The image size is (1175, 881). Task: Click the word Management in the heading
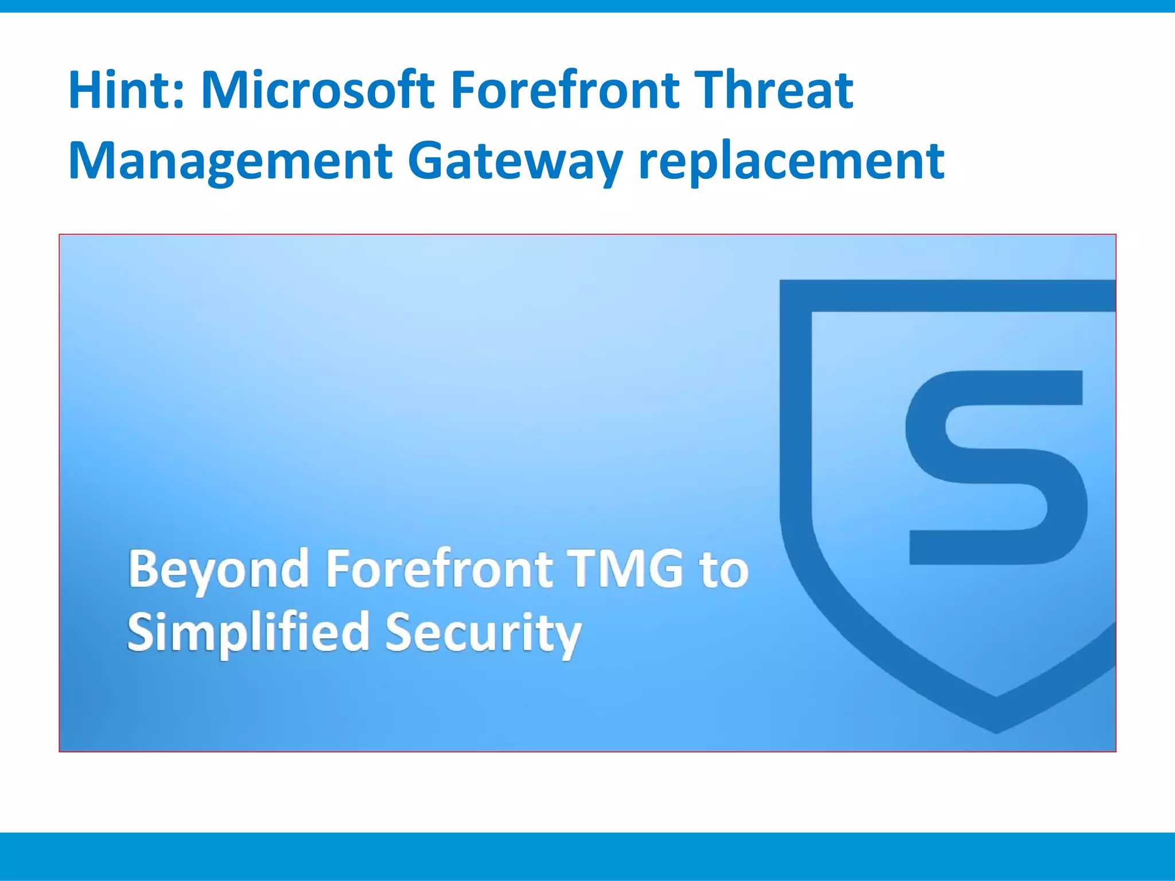[230, 162]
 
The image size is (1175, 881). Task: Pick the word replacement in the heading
[791, 162]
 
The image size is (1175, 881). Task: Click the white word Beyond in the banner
[219, 570]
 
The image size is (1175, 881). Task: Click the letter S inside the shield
[995, 467]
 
